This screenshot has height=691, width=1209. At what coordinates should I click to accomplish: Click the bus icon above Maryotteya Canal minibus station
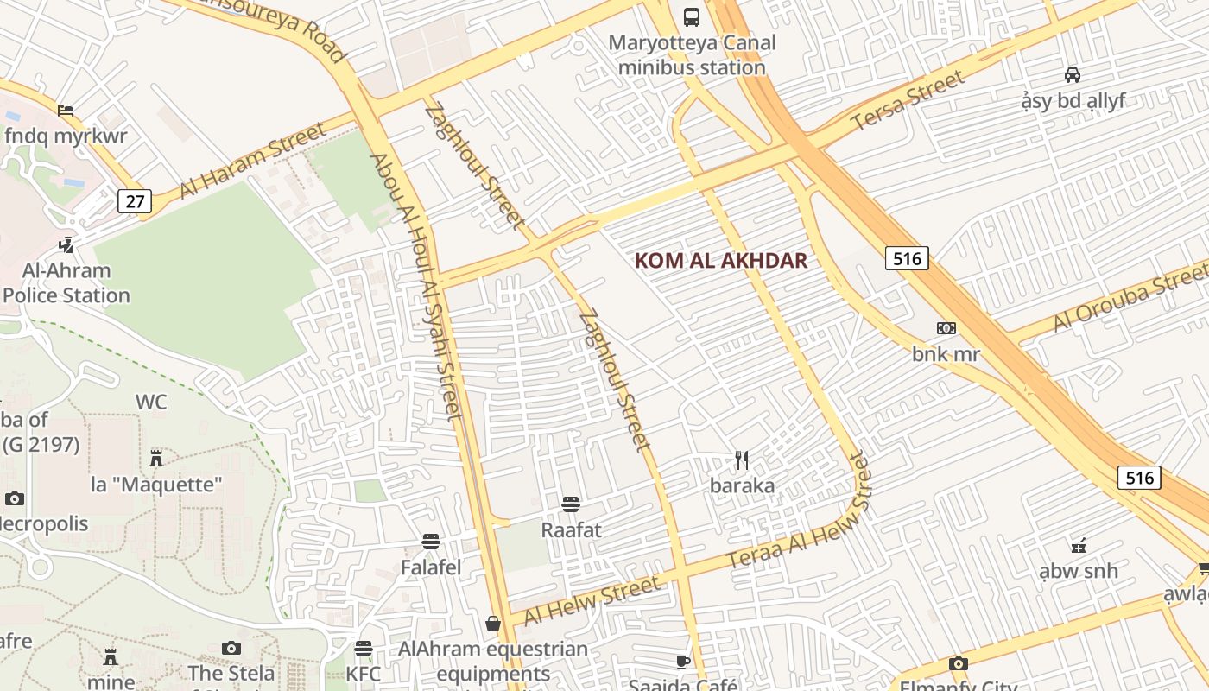tap(692, 16)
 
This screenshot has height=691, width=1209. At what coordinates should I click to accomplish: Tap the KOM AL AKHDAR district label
tap(721, 260)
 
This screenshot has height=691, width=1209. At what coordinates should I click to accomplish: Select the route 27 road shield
tap(135, 201)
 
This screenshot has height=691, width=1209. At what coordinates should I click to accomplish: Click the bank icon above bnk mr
tap(946, 328)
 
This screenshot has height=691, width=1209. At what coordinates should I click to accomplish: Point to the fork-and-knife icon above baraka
tap(742, 460)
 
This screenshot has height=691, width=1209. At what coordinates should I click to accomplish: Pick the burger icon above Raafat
tap(570, 504)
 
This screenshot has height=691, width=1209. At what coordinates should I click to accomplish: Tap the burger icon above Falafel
tap(431, 542)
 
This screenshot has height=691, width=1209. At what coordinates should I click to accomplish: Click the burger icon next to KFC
tap(364, 648)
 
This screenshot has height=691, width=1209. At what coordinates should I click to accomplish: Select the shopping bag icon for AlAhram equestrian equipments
tap(493, 623)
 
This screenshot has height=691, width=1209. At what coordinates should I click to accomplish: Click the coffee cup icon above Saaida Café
tap(682, 662)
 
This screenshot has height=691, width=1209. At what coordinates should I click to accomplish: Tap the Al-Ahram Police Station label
tap(66, 283)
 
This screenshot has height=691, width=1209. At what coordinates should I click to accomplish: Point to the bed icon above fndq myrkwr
tap(66, 111)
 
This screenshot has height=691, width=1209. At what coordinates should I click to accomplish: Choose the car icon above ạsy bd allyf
tap(1073, 74)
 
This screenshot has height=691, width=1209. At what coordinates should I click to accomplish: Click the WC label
tap(151, 402)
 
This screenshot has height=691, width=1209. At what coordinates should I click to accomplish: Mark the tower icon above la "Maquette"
tap(156, 458)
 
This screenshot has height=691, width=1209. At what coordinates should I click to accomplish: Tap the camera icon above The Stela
tap(231, 648)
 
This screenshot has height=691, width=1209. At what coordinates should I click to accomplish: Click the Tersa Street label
tap(908, 100)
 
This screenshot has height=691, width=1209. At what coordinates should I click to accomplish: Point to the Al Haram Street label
tap(253, 160)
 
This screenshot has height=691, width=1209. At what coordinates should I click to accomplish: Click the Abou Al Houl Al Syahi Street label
tap(416, 286)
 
